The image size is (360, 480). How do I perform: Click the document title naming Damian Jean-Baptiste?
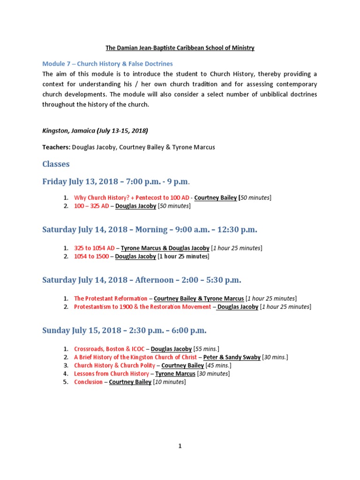tap(180, 48)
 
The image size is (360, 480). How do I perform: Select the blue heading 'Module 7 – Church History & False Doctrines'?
tap(107, 64)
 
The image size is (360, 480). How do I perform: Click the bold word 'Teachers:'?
tap(56, 147)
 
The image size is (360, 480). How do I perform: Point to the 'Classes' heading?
tap(56, 164)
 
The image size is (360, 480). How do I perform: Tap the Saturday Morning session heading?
tap(150, 230)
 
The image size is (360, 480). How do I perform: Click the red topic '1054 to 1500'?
tap(91, 256)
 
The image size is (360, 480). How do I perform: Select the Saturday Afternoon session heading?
tap(142, 280)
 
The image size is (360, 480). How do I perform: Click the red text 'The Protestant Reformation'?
tap(111, 298)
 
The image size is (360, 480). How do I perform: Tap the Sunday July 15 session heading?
tap(124, 330)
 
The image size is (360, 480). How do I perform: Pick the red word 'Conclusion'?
tap(88, 382)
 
